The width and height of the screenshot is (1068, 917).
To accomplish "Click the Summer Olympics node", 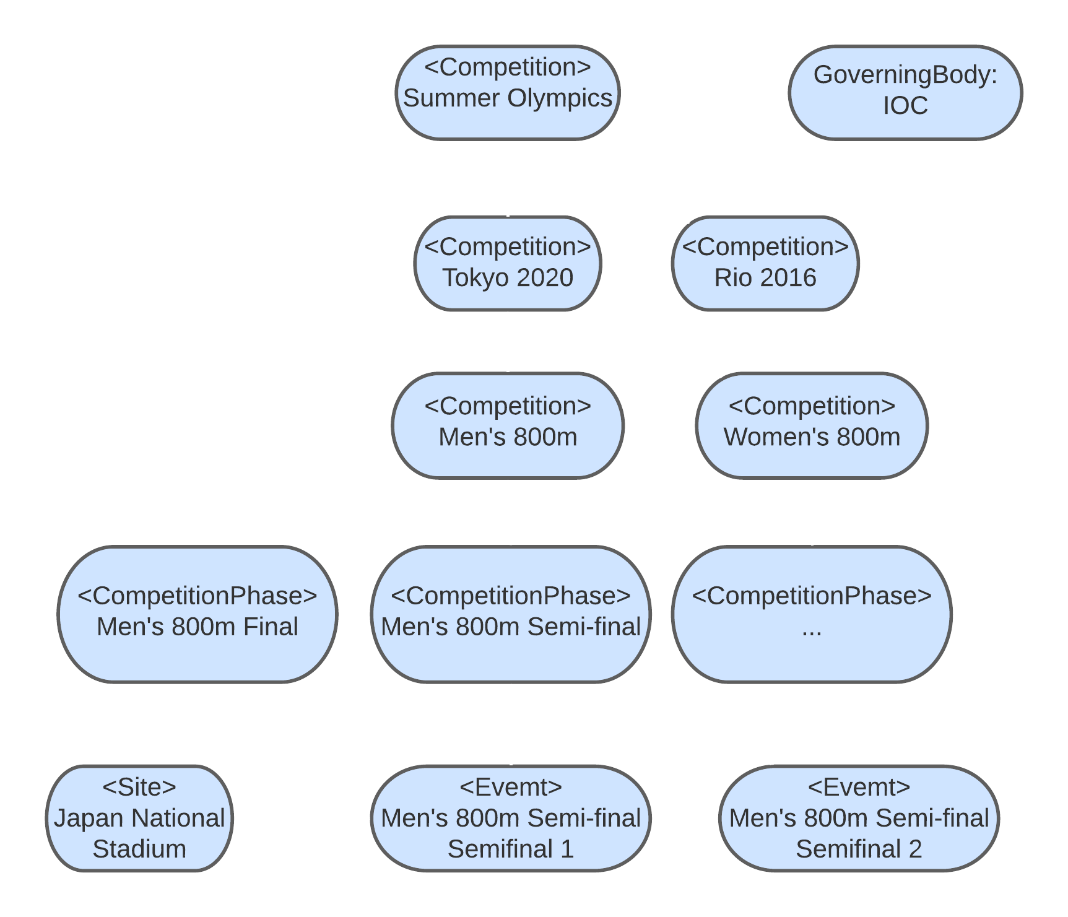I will (x=508, y=92).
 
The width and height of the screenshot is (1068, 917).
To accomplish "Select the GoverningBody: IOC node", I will (x=905, y=92).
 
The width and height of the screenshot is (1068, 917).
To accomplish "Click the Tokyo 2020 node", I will (x=508, y=263).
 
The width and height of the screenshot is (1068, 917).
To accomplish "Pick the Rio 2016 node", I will (x=765, y=263).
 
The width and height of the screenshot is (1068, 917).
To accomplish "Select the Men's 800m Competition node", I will (x=508, y=425).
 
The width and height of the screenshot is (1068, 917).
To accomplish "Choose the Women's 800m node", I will (x=812, y=425).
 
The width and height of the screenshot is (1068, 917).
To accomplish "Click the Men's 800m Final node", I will (x=198, y=614).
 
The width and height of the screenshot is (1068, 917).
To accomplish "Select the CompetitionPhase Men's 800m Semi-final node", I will (x=511, y=614).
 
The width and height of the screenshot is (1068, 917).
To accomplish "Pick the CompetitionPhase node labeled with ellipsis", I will (x=812, y=614).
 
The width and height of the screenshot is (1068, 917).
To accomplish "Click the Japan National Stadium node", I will (x=139, y=818).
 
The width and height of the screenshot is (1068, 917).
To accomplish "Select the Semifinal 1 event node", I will (x=511, y=818).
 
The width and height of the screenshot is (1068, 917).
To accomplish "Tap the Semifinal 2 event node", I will (x=859, y=818).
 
